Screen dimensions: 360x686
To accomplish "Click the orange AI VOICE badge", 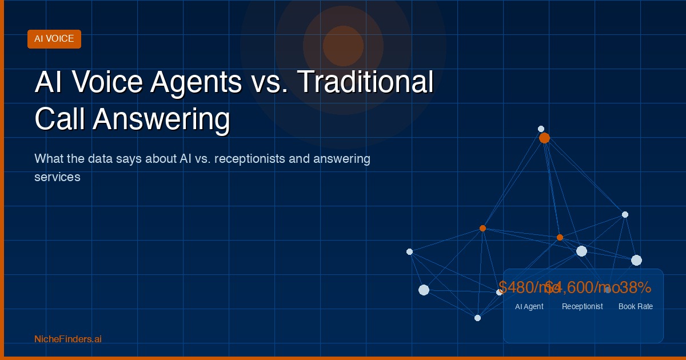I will tap(54, 39).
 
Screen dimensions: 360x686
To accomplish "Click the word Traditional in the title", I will tap(366, 82).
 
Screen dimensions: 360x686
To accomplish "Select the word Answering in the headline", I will tap(162, 120).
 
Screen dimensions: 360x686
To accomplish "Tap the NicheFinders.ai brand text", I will tap(68, 339).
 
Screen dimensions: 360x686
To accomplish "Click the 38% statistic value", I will tap(635, 287).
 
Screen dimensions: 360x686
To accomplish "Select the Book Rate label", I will tap(636, 306).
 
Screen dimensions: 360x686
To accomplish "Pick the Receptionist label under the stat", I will tap(582, 306).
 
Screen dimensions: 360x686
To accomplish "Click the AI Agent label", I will tap(529, 306).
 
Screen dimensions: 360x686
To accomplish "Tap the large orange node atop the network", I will tap(544, 138).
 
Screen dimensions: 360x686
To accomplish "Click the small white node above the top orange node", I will tap(541, 129).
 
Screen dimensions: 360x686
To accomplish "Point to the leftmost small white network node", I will tap(409, 251).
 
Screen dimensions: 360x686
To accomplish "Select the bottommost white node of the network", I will tap(477, 318).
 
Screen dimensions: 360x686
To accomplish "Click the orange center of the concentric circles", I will tap(343, 46).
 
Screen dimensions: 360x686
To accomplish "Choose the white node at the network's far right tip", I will tap(636, 260).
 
